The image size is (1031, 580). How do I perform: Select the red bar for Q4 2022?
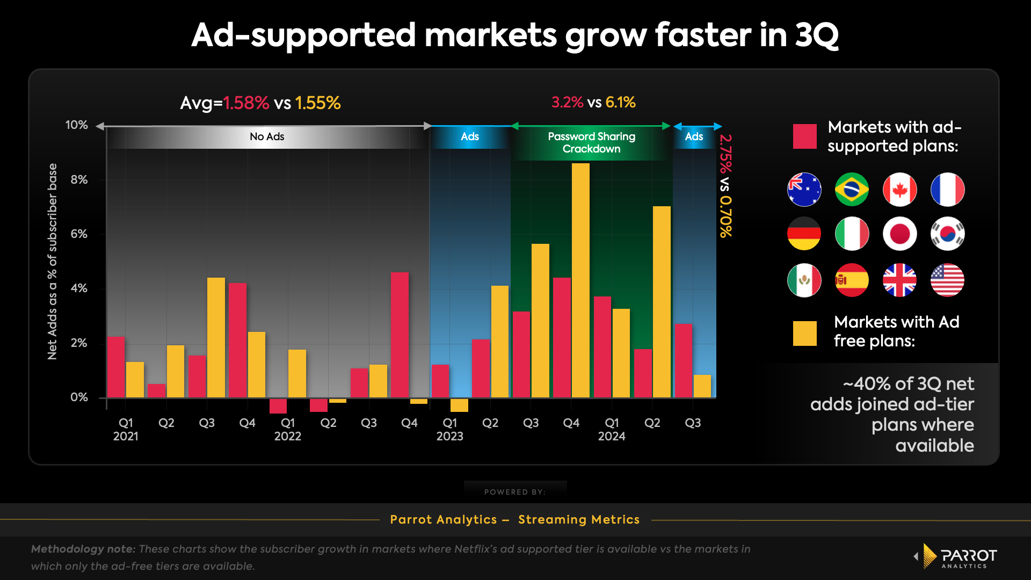point(400,335)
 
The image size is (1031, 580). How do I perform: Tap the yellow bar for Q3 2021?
point(216,337)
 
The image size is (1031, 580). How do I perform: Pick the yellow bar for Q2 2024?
point(662,302)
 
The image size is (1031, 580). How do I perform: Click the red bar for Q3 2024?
point(684,360)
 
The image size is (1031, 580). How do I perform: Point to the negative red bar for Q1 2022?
point(278,405)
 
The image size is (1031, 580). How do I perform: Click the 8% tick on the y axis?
point(79,180)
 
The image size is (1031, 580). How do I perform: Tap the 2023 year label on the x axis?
point(449,436)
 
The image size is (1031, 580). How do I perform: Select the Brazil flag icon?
point(852,190)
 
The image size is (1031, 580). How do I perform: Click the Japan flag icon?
point(899,234)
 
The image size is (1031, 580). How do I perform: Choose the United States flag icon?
point(947,280)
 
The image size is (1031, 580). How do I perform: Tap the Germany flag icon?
point(804,234)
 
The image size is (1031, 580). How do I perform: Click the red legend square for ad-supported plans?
point(804,136)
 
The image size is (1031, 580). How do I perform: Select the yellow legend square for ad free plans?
point(804,334)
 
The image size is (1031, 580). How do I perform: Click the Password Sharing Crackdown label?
point(591,143)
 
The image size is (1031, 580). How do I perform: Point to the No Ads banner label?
point(267,136)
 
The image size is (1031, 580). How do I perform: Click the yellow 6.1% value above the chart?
point(620,102)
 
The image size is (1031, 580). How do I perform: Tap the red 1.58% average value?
point(246,103)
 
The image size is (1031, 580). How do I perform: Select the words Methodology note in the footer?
point(83,549)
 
